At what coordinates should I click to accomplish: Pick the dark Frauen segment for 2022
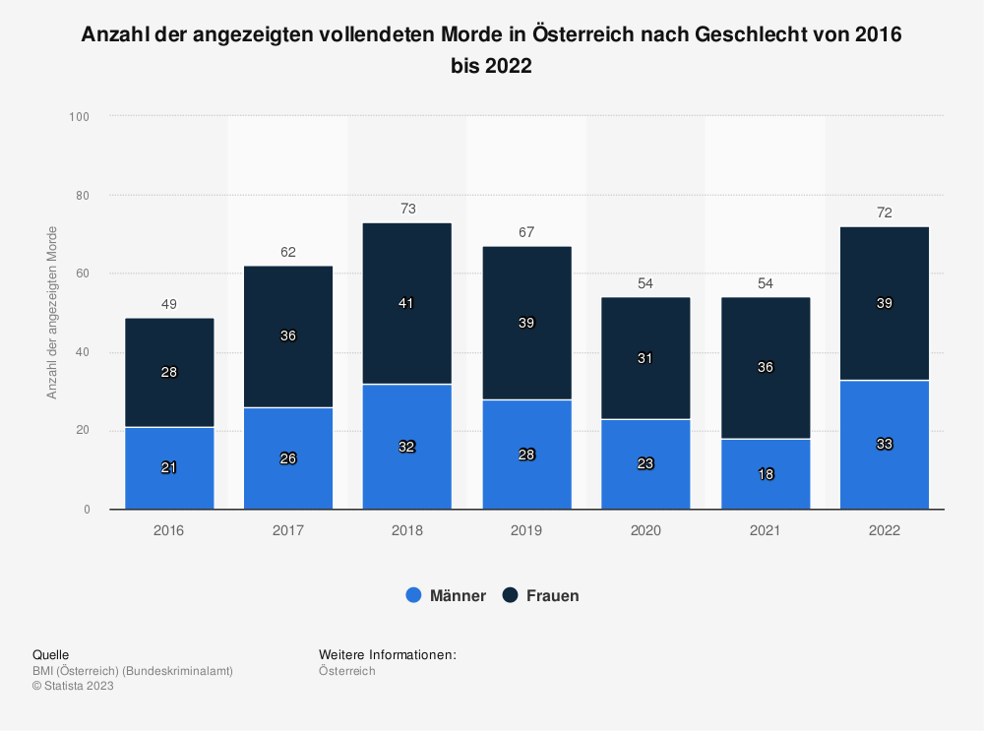click(884, 285)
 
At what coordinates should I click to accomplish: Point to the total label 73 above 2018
click(407, 209)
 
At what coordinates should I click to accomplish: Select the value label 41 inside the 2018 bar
click(407, 304)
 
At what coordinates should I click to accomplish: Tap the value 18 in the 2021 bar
click(765, 474)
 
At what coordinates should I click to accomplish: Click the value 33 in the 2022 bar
click(884, 445)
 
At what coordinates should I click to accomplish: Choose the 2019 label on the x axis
click(526, 530)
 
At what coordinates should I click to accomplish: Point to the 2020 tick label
click(646, 530)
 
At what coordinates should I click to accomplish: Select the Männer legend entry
click(446, 595)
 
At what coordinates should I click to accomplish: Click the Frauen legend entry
click(540, 595)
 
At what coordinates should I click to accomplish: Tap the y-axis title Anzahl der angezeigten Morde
click(53, 313)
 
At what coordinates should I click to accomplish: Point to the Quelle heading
click(50, 654)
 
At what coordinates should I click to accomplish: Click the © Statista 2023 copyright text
click(73, 687)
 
